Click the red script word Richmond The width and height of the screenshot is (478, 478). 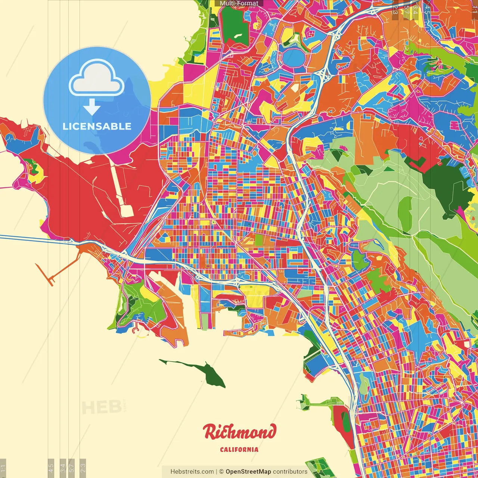coord(240,432)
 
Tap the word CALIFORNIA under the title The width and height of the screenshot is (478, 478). coord(239,449)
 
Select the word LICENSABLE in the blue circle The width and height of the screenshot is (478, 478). coord(97,126)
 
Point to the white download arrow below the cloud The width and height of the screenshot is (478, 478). coord(91,107)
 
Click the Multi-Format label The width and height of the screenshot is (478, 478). coord(239,3)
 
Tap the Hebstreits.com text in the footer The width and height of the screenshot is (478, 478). coord(192,472)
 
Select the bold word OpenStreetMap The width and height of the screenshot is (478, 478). coord(248,472)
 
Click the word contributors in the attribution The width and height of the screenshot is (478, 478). coord(290,472)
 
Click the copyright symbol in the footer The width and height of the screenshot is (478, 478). coord(221,472)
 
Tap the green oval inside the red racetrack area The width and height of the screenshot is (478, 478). coord(346,422)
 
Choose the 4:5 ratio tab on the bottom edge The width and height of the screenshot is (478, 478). coord(51,467)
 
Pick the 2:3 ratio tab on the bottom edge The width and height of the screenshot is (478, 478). coord(83,467)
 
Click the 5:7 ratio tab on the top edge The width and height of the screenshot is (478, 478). coord(406,9)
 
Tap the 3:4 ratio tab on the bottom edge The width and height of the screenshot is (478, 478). coord(62,467)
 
